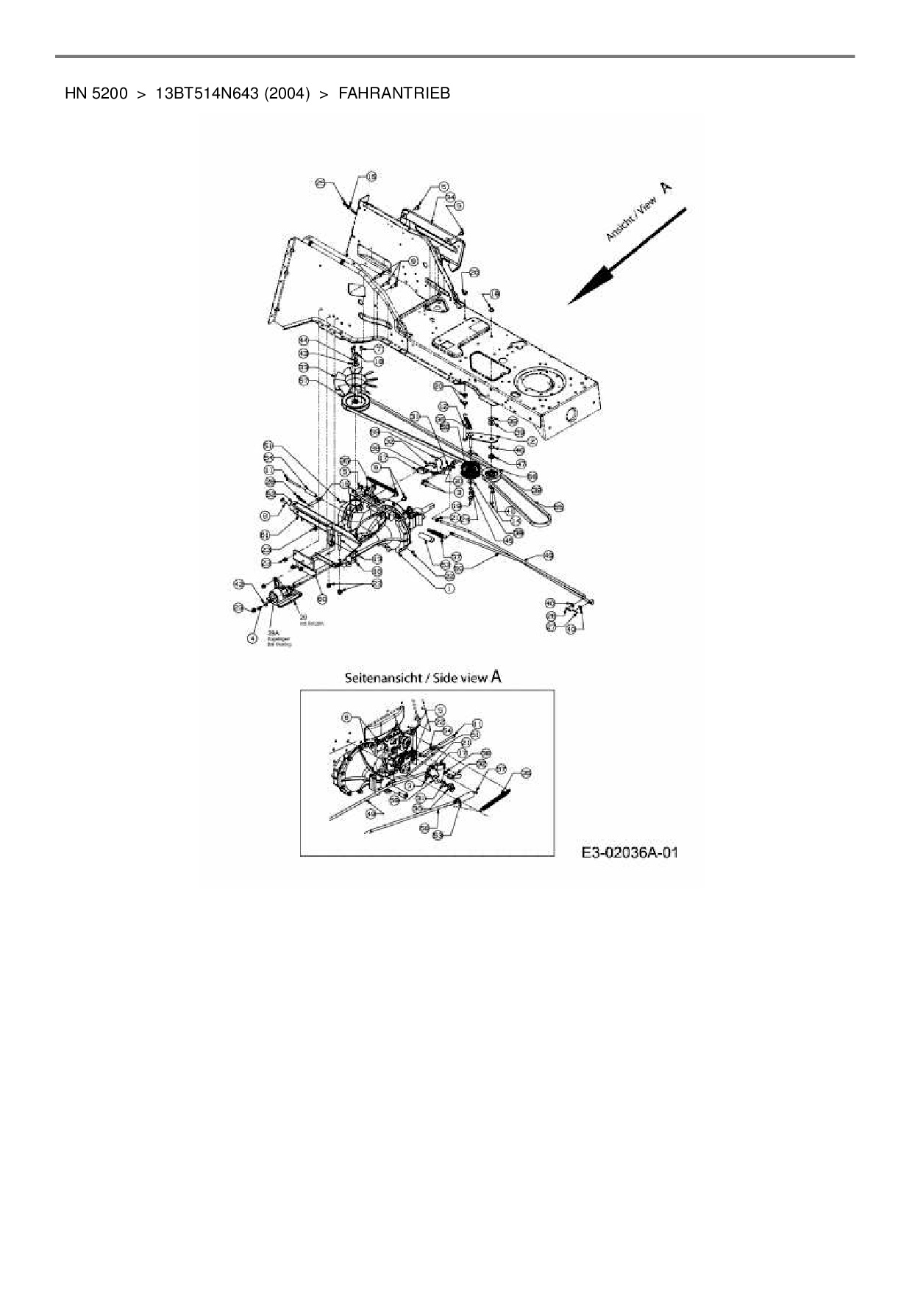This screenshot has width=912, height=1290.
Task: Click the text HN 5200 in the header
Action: tap(96, 93)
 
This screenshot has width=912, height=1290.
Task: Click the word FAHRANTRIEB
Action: tap(394, 93)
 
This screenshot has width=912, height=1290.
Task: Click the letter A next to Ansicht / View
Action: tap(666, 188)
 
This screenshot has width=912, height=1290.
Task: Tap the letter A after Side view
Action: tap(496, 677)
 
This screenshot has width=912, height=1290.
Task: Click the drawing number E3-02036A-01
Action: tap(630, 852)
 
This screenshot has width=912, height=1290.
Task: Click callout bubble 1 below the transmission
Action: tap(449, 588)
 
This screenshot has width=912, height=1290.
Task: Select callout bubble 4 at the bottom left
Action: tap(252, 638)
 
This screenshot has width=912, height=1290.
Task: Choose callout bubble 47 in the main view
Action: tap(521, 464)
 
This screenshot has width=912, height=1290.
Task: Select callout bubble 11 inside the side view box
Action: tap(477, 724)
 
